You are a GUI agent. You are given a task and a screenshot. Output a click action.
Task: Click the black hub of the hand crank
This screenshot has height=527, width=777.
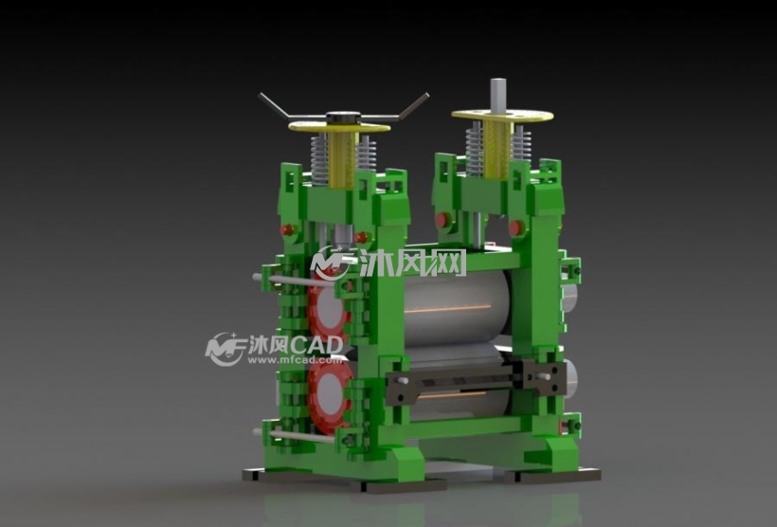(x=342, y=118)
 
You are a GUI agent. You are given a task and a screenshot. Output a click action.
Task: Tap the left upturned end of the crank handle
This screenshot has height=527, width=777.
(x=261, y=95)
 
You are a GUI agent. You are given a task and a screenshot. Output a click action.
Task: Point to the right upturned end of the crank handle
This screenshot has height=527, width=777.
(x=426, y=95)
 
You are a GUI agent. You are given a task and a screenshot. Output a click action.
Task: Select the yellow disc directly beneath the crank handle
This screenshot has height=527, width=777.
(x=339, y=127)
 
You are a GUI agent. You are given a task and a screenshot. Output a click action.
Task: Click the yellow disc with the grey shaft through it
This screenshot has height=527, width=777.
(x=502, y=116)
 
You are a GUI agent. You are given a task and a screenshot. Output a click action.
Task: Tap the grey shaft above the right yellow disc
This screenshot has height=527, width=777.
(x=498, y=95)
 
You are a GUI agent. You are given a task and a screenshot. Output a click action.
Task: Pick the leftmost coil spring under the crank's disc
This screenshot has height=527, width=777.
(x=319, y=159)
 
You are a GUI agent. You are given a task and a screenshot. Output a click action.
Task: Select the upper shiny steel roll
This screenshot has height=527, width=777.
(x=457, y=308)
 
